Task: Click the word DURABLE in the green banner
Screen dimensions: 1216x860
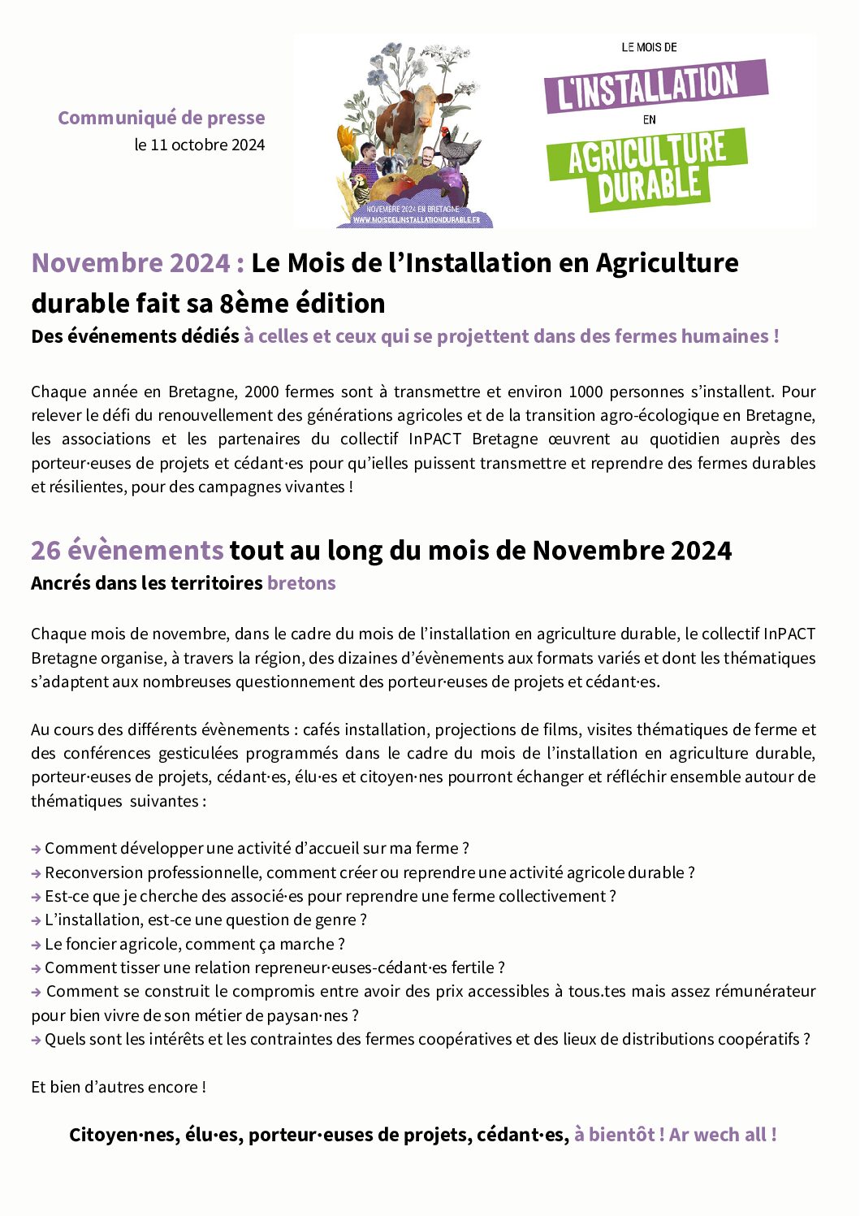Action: pyautogui.click(x=649, y=184)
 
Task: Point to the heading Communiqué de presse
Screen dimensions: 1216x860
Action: pyautogui.click(x=162, y=118)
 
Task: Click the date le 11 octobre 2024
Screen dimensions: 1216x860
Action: pyautogui.click(x=200, y=145)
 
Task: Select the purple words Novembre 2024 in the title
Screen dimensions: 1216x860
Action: pyautogui.click(x=131, y=263)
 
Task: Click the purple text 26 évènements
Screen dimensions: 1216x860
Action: pyautogui.click(x=127, y=551)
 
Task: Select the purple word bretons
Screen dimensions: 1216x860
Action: pyautogui.click(x=301, y=583)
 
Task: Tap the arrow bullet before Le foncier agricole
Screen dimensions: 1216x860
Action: pyautogui.click(x=37, y=945)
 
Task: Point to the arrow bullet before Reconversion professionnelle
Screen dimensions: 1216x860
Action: pyautogui.click(x=37, y=873)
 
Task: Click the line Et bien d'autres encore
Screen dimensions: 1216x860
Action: pyautogui.click(x=119, y=1087)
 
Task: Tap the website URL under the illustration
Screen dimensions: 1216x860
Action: pyautogui.click(x=416, y=220)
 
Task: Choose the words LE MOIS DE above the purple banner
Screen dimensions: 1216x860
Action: pyautogui.click(x=649, y=48)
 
